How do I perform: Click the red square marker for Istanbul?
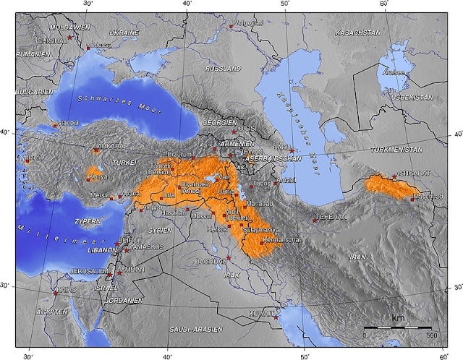coord(54,125)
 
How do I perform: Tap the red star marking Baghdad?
coord(229,258)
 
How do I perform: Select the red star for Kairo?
coord(56,293)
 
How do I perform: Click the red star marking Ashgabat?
coord(394,176)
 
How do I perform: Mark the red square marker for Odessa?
coord(89,48)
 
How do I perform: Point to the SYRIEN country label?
coord(159,230)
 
